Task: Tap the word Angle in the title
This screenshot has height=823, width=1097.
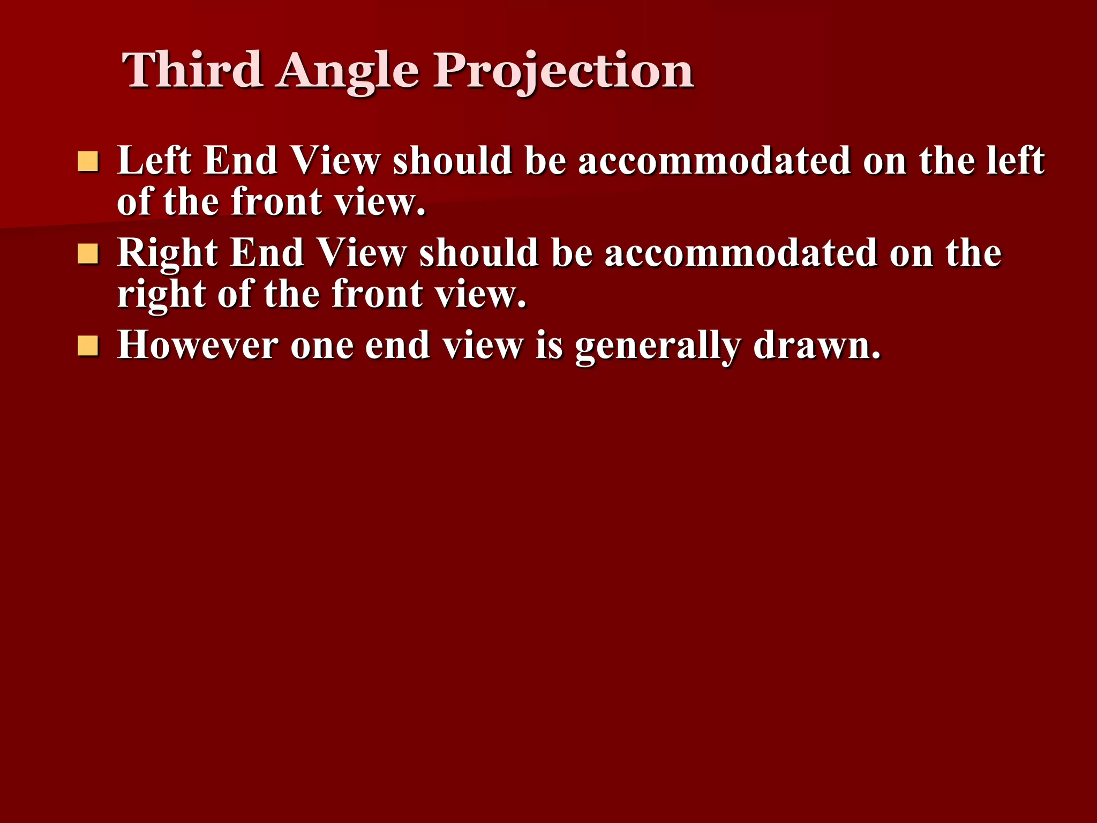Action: (348, 72)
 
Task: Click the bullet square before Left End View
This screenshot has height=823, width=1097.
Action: (88, 161)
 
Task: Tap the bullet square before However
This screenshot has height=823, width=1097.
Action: (88, 346)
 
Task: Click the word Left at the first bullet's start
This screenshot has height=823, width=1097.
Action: (154, 160)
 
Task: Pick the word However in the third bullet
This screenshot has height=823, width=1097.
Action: (198, 345)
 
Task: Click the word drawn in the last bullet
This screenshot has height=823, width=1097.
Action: (816, 345)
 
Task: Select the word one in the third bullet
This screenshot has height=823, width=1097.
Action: (322, 346)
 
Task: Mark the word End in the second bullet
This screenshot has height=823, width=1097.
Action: (267, 253)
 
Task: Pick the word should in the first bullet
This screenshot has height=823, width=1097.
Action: (453, 160)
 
